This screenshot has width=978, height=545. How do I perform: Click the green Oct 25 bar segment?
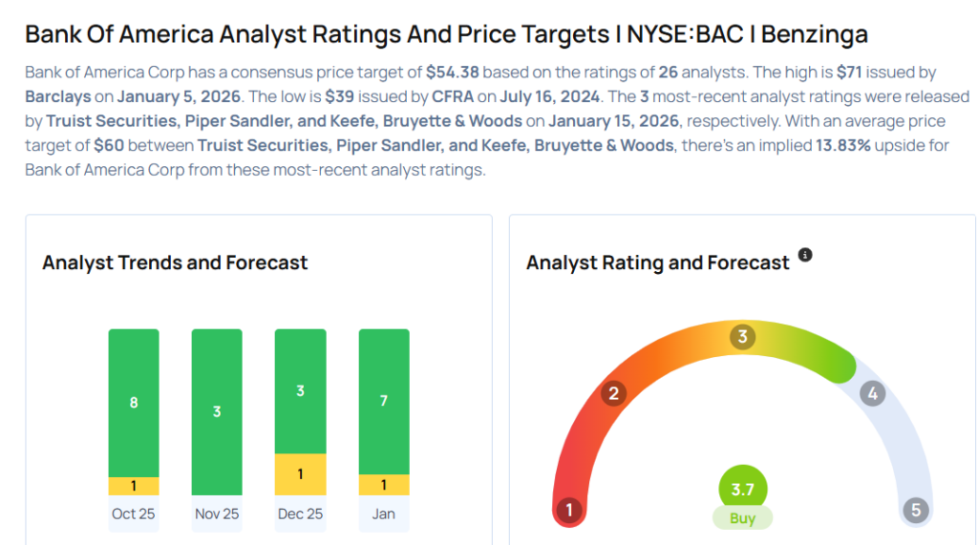pyautogui.click(x=134, y=403)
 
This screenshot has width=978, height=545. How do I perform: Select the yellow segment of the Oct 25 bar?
pyautogui.click(x=134, y=486)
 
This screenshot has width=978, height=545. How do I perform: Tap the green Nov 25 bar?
pyautogui.click(x=217, y=412)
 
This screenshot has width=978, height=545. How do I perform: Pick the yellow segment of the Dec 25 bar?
pyautogui.click(x=300, y=474)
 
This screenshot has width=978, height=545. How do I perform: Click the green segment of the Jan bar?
pyautogui.click(x=384, y=401)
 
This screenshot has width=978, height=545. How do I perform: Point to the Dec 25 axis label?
pyautogui.click(x=300, y=514)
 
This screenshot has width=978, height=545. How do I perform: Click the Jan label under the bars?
pyautogui.click(x=384, y=514)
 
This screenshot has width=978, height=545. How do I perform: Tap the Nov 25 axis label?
pyautogui.click(x=217, y=514)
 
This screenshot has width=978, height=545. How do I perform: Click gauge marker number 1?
pyautogui.click(x=569, y=510)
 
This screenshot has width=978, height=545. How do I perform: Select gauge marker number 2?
pyautogui.click(x=614, y=393)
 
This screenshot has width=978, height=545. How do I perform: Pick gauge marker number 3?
pyautogui.click(x=742, y=337)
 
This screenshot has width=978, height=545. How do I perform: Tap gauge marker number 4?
pyautogui.click(x=871, y=393)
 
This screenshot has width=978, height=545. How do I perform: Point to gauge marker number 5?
pyautogui.click(x=916, y=510)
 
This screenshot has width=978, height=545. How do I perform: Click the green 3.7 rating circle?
pyautogui.click(x=742, y=489)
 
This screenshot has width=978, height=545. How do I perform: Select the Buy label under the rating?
pyautogui.click(x=742, y=518)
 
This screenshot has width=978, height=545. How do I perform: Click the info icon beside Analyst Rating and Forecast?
pyautogui.click(x=805, y=255)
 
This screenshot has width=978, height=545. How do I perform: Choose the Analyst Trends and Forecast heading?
pyautogui.click(x=175, y=262)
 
